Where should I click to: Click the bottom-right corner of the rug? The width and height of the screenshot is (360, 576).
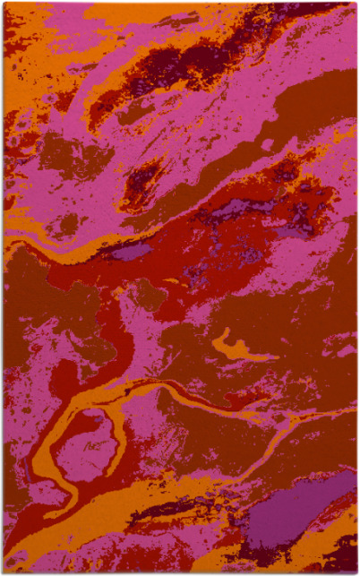[x=356, y=572]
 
